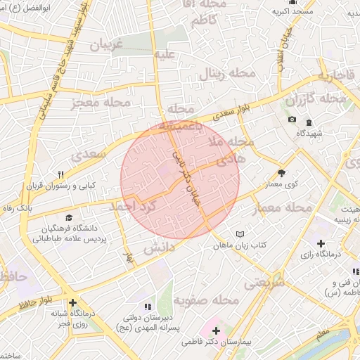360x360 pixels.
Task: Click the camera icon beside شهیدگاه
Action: [292, 119]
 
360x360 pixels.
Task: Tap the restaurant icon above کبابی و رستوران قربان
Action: [61, 175]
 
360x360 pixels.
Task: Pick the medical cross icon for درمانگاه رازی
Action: [321, 243]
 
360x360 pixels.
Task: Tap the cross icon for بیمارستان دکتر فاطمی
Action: [216, 330]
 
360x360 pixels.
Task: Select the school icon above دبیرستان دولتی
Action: [148, 307]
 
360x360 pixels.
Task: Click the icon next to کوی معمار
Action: [282, 172]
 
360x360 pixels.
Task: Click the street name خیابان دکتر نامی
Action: [187, 176]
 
